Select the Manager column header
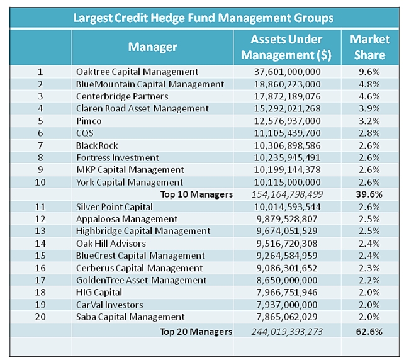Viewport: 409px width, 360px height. point(152,47)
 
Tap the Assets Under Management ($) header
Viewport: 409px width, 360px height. point(287,47)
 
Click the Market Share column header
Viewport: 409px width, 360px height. point(369,47)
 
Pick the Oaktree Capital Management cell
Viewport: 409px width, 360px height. point(137,72)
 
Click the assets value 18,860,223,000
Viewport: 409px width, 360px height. point(287,84)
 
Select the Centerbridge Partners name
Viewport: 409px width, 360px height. point(122,96)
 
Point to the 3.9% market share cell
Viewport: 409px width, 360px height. point(369,109)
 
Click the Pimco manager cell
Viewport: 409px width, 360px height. point(89,121)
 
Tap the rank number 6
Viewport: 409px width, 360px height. point(40,133)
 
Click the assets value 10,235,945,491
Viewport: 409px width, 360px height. point(287,158)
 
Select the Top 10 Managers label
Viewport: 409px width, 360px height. point(196,194)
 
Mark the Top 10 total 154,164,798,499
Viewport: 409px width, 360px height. point(287,194)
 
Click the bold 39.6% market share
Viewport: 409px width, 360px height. point(369,194)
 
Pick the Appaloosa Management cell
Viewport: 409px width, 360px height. point(126,219)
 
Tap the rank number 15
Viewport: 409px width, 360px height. point(40,256)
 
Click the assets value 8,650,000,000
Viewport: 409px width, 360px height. point(287,280)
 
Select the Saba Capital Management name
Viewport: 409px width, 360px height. point(130,317)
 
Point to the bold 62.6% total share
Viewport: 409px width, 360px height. point(369,331)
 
